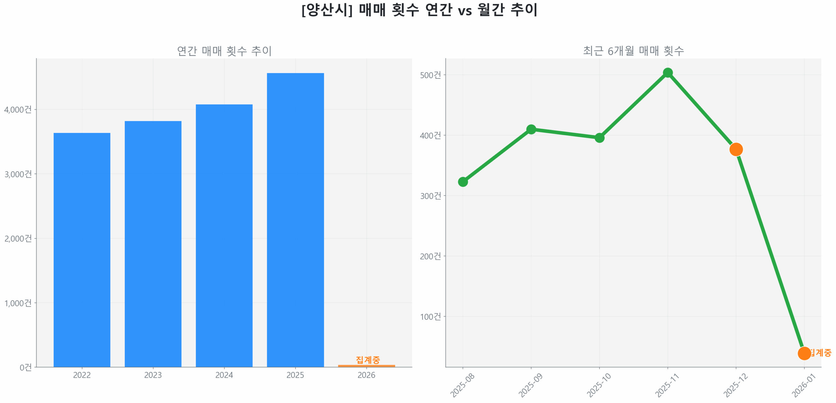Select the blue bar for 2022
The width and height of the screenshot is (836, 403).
tap(82, 250)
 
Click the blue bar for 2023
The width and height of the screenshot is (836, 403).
tap(153, 244)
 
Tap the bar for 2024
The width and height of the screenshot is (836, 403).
tap(224, 235)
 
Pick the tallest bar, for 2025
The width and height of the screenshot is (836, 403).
tap(295, 220)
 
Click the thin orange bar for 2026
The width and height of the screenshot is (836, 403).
tap(366, 366)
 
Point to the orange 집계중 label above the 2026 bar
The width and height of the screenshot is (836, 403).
tap(368, 360)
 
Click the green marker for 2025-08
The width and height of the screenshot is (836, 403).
tap(463, 182)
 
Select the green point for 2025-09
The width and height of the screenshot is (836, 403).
tap(531, 129)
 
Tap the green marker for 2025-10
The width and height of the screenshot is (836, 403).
tap(599, 137)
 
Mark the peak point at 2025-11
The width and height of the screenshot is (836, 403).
tap(668, 73)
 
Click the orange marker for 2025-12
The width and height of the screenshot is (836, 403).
tap(736, 149)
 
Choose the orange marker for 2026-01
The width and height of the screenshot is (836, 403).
tap(804, 353)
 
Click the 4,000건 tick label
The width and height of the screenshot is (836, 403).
tap(18, 109)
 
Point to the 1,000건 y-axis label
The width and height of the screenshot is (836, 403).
tap(18, 303)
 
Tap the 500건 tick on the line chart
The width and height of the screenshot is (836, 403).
tap(430, 75)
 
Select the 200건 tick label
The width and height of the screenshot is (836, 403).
tap(430, 256)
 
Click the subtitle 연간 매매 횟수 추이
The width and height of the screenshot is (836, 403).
tap(224, 51)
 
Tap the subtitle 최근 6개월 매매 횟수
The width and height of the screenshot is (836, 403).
tap(633, 51)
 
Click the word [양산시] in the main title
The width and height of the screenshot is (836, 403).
tap(327, 10)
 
